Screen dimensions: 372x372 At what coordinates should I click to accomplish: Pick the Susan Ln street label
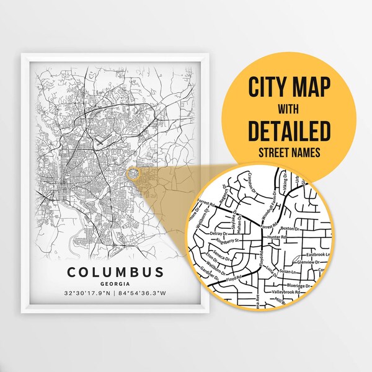click(x=289, y=272)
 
